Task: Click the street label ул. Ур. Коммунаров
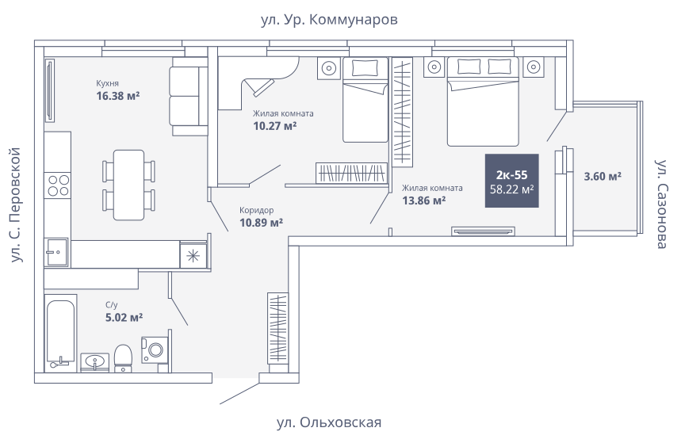point(329,20)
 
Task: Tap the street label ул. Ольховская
point(329,422)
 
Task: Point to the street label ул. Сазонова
point(661,204)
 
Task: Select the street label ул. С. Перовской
point(16,205)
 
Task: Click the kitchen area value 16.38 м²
point(118,96)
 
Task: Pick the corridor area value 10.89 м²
point(262,223)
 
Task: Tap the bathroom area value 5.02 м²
point(124,317)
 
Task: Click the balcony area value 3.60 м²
point(603,177)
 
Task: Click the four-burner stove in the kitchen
point(58,185)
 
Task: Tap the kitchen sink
point(56,252)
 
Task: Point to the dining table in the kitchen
point(129,185)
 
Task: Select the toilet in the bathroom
point(123,358)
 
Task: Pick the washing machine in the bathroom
point(155,349)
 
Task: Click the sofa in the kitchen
point(188,97)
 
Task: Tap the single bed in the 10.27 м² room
point(365,100)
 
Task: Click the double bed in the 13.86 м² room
point(483,101)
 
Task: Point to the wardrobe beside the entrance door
point(277,327)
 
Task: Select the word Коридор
point(256,210)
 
